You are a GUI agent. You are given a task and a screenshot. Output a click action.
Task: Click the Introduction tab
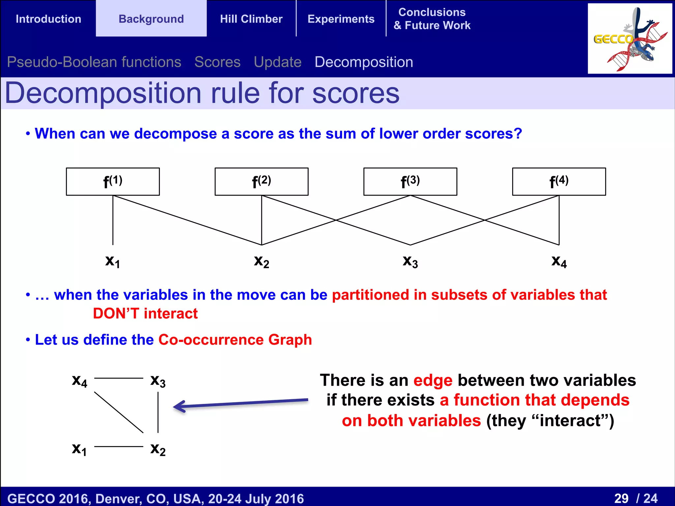[x=48, y=19]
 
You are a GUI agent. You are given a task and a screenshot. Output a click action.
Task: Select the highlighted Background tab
[x=151, y=19]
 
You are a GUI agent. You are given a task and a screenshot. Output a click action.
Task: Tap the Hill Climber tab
[x=251, y=19]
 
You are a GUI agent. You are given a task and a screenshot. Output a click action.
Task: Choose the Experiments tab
[x=341, y=19]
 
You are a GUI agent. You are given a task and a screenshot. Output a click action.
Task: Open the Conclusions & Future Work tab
[x=432, y=19]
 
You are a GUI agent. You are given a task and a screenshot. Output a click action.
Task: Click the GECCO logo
[x=630, y=39]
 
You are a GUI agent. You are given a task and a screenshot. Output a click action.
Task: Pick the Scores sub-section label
[x=218, y=62]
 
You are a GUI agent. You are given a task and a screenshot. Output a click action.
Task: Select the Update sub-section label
[x=278, y=62]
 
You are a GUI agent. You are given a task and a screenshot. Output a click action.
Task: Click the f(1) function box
[x=113, y=182]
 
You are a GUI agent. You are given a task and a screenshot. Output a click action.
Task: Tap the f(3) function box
[x=410, y=182]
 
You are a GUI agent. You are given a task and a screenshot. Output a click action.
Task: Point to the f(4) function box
[x=559, y=182]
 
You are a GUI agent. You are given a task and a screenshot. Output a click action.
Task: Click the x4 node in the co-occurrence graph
[x=79, y=381]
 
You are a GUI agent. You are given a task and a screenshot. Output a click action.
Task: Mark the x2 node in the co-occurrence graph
[x=158, y=449]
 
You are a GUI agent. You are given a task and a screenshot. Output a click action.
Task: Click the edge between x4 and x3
[x=119, y=378]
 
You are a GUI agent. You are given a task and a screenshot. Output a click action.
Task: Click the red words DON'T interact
[x=145, y=313]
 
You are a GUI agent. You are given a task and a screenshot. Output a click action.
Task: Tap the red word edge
[x=433, y=381]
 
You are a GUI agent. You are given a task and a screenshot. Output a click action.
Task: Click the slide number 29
[x=621, y=498]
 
